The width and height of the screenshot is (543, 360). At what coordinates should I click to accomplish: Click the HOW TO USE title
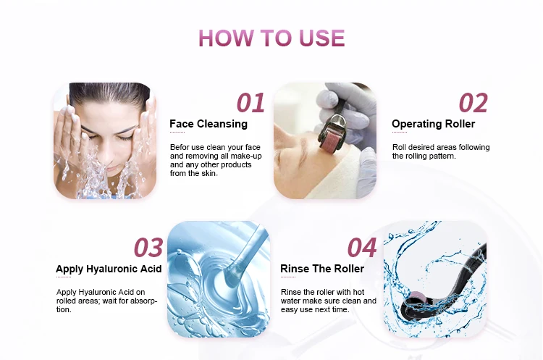[x=271, y=37]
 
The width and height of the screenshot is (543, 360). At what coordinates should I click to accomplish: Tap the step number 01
[x=251, y=103]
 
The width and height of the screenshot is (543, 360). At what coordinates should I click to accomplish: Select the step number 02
[x=473, y=103]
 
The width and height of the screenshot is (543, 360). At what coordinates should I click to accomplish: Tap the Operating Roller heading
[x=433, y=124]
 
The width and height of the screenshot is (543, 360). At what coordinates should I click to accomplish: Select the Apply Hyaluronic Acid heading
[x=109, y=269]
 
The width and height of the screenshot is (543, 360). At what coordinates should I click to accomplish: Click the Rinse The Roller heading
[x=322, y=269]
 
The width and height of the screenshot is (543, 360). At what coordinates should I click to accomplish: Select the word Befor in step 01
[x=180, y=147]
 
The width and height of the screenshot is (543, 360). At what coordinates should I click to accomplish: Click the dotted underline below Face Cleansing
[x=177, y=133]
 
